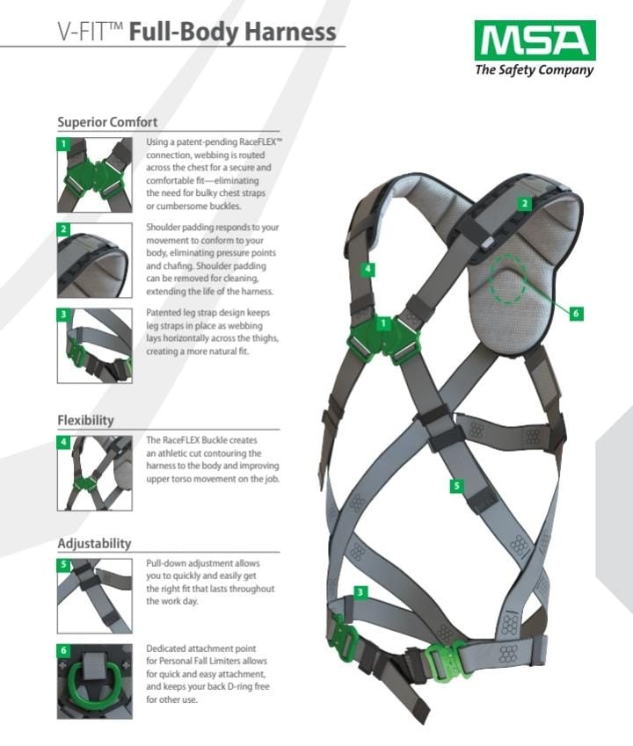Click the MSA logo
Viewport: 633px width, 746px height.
[x=535, y=40]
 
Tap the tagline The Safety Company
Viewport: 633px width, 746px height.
[x=535, y=70]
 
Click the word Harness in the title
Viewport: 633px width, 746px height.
[x=290, y=32]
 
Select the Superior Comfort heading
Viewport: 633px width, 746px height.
[x=107, y=122]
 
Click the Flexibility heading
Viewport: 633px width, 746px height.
[x=85, y=420]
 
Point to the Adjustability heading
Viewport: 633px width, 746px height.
[x=94, y=543]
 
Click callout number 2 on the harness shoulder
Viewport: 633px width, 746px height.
[x=525, y=204]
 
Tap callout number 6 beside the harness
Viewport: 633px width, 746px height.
[x=576, y=313]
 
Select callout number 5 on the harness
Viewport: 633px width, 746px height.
[x=456, y=486]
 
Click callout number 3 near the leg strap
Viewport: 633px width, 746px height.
[x=360, y=592]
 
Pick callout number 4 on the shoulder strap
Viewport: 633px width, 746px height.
[x=367, y=269]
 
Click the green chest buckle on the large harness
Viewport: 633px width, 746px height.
[x=383, y=339]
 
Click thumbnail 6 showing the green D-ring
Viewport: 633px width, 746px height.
[x=95, y=681]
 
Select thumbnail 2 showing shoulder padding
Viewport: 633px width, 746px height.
[x=95, y=260]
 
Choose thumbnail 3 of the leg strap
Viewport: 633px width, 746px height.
[x=95, y=346]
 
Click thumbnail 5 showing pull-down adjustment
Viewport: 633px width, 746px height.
[x=95, y=596]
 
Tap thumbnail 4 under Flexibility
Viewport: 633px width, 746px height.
[x=95, y=474]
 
